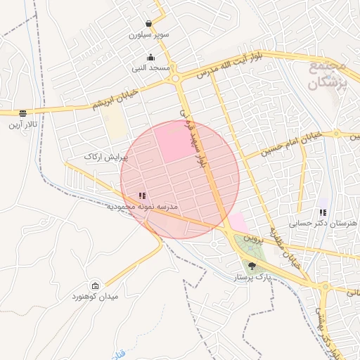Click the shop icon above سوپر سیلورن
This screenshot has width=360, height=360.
coord(148,23)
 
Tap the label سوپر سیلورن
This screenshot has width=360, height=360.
coord(149,34)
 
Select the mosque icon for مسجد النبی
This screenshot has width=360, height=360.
coord(150,58)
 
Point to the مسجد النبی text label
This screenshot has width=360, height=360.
coord(150,68)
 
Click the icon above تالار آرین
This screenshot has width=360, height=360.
coord(22,112)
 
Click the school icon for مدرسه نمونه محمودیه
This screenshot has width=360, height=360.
coord(142,196)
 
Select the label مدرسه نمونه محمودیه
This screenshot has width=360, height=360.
coord(143,207)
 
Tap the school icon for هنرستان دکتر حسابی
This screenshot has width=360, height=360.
coord(323,212)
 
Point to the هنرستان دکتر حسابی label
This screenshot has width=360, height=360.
coord(323,223)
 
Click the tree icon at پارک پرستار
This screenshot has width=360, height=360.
coord(252,266)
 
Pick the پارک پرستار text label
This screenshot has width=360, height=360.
coord(252,278)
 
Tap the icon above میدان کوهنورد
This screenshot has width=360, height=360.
coord(96,285)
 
